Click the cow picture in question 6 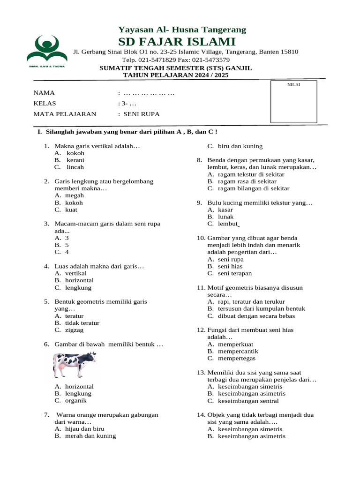(x=75, y=364)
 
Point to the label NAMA (x=44, y=93)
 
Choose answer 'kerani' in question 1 (x=75, y=160)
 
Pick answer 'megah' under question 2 (x=75, y=195)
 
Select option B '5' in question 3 (x=67, y=245)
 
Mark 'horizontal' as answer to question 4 (x=79, y=280)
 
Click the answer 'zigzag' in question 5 (x=75, y=330)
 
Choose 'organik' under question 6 (x=76, y=400)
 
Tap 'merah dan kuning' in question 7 (x=90, y=435)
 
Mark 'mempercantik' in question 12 (x=238, y=351)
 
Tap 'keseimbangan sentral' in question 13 (x=248, y=401)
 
